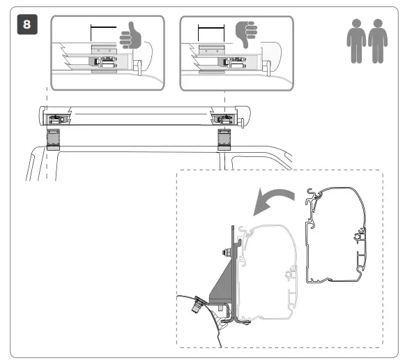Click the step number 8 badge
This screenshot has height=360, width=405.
click(27, 26)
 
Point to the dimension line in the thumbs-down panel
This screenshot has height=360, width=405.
click(211, 29)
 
